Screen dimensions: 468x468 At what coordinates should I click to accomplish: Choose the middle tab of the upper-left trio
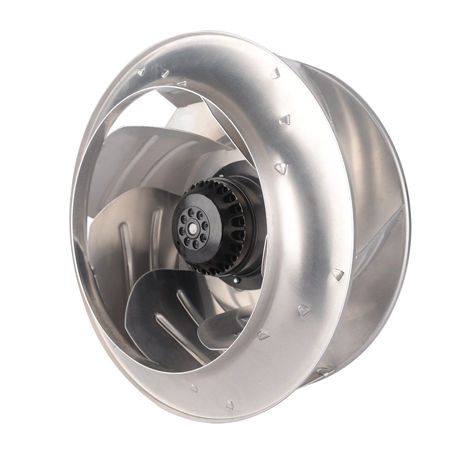point(165,74)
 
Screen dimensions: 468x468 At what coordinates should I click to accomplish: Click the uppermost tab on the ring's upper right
point(275,73)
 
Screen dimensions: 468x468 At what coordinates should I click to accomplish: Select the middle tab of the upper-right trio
point(285,120)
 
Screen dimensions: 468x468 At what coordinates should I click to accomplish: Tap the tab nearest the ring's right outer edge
point(338,274)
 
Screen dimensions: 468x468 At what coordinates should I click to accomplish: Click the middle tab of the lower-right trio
point(304,310)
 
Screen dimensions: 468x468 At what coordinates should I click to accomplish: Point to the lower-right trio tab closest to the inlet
point(263,335)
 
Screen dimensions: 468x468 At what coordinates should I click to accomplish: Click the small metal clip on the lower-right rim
point(323,373)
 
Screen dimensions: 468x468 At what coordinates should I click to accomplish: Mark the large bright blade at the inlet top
point(154,140)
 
